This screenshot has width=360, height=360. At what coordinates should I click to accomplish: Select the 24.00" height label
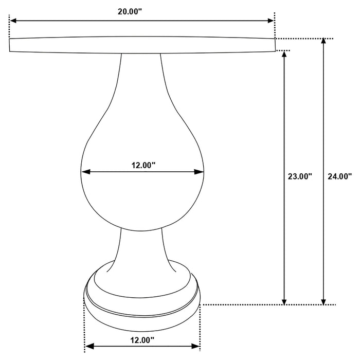(339, 176)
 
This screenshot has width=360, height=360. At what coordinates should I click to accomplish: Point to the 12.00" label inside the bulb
(143, 165)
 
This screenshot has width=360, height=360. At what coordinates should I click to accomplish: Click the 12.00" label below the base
(142, 340)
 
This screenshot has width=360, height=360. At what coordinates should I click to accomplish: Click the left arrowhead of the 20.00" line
(12, 21)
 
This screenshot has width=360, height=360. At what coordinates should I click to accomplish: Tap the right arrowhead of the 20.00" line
(271, 21)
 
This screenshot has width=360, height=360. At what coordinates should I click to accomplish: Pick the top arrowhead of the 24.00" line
(323, 42)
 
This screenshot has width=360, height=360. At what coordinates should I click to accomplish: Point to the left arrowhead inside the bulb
(85, 172)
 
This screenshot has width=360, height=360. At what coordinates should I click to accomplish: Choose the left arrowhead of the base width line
(88, 346)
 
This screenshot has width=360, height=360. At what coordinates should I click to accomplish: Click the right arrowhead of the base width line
(197, 346)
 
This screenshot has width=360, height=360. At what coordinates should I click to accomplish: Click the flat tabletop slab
(142, 45)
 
